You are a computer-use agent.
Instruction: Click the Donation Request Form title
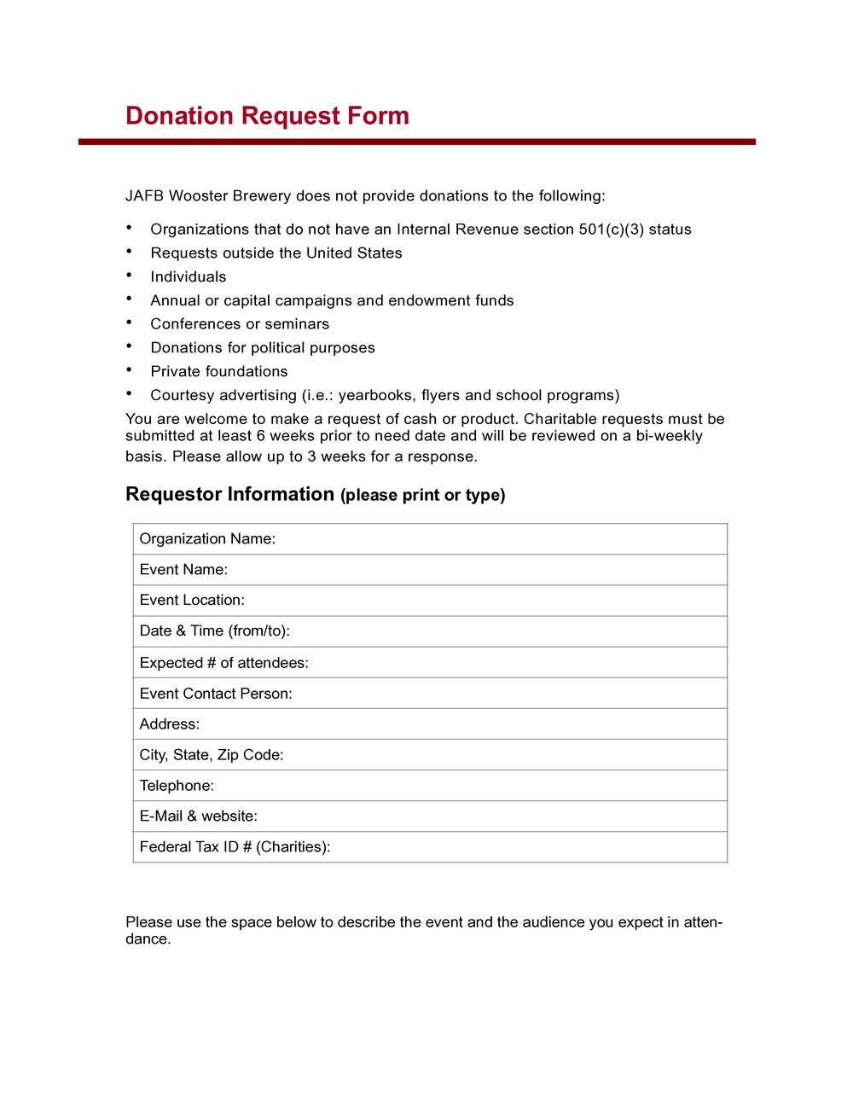(x=267, y=116)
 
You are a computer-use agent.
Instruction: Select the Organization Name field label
(x=207, y=539)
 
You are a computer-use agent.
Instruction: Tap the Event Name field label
(x=183, y=570)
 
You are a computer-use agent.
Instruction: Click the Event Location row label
(x=192, y=601)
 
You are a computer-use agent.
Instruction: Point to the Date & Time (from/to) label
(x=215, y=631)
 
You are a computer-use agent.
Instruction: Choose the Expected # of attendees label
(x=223, y=663)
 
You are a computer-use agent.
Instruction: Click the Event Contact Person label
(x=216, y=694)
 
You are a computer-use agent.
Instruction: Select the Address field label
(x=169, y=724)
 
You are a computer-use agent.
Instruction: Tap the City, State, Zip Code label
(x=212, y=755)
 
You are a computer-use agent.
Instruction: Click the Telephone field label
(x=177, y=786)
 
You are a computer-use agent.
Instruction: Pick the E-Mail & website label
(x=198, y=816)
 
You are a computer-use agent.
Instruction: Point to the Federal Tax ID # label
(x=235, y=847)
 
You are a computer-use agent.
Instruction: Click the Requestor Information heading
(x=229, y=495)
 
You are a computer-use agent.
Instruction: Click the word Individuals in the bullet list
(x=189, y=277)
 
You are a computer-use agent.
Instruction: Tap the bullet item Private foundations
(x=219, y=372)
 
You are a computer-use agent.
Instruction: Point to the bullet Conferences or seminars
(x=240, y=324)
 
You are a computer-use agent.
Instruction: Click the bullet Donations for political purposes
(x=263, y=348)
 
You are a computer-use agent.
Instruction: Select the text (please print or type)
(x=423, y=496)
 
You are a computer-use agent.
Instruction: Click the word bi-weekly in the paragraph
(x=670, y=437)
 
